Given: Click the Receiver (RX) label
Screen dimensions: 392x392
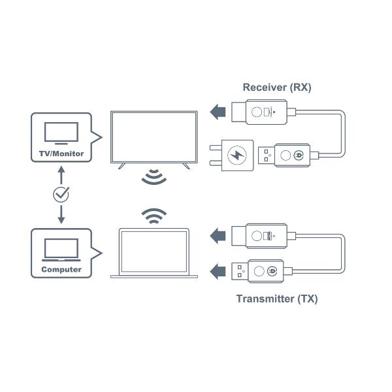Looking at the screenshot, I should pyautogui.click(x=276, y=87).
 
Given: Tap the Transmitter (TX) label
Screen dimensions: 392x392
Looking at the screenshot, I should pyautogui.click(x=276, y=299).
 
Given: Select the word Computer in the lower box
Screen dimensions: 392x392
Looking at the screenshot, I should pyautogui.click(x=61, y=269).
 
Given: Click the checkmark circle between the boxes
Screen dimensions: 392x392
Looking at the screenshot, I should pyautogui.click(x=61, y=194).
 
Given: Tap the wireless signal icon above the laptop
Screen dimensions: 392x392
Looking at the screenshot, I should pyautogui.click(x=154, y=216).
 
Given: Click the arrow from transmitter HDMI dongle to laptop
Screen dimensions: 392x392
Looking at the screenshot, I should pyautogui.click(x=219, y=234).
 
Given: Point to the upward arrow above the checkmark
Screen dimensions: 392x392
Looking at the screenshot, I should pyautogui.click(x=61, y=174).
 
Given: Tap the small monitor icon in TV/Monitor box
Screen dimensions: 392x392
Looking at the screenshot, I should pyautogui.click(x=61, y=133).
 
